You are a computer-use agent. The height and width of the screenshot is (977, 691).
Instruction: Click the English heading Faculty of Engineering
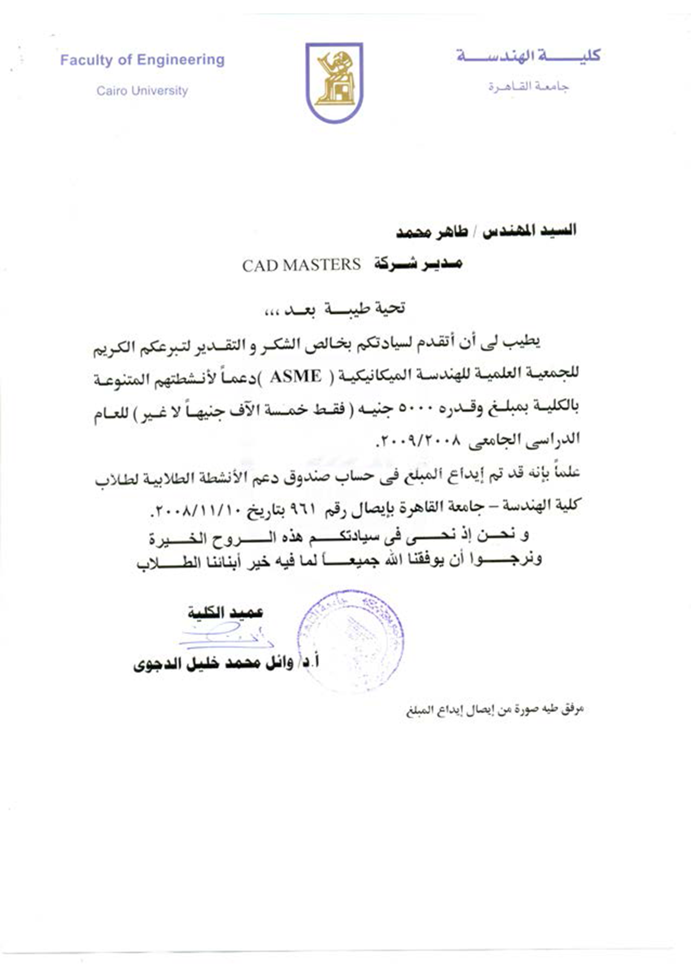(x=142, y=60)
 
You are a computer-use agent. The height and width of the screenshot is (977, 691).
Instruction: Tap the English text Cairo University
(x=142, y=91)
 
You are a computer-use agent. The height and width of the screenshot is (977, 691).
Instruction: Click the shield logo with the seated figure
(x=334, y=82)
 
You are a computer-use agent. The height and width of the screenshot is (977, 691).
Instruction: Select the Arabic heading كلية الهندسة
(x=528, y=56)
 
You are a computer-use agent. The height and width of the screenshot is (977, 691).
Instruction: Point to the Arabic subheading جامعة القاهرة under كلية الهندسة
(x=528, y=87)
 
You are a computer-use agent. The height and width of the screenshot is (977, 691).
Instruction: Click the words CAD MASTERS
(x=301, y=265)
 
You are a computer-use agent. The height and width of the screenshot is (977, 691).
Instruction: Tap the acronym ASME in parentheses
(x=295, y=377)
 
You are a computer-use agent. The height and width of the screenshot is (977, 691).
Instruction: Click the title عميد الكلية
(x=225, y=613)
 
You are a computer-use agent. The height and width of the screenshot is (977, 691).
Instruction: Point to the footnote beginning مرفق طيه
(x=495, y=710)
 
